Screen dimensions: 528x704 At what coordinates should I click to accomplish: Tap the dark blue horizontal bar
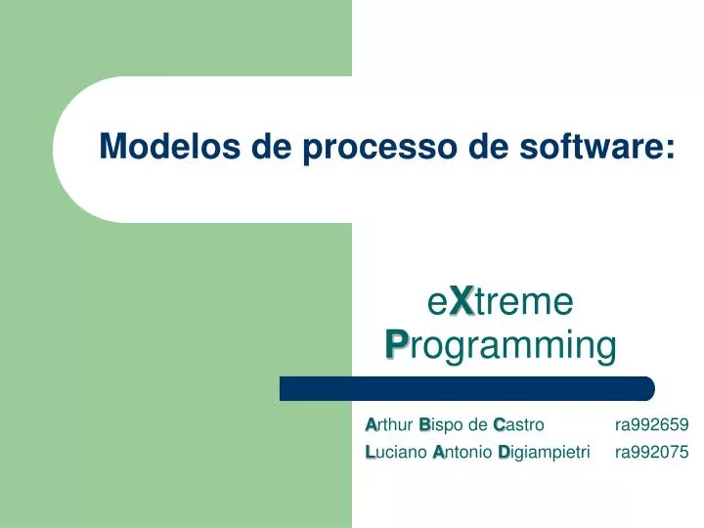pos(466,388)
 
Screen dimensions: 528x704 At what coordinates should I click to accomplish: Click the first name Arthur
pos(389,424)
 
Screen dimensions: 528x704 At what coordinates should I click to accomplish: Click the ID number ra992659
pos(651,424)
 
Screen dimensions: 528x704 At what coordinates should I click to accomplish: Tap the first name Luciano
pos(395,452)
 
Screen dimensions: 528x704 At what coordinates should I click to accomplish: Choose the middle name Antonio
pos(462,452)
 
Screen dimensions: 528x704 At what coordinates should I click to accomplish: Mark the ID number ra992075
pos(651,452)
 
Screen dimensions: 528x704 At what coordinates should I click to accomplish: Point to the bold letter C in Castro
pos(499,424)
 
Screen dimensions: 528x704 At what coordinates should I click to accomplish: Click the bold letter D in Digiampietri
pos(503,452)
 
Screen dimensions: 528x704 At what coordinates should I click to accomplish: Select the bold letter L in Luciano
pos(370,452)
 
